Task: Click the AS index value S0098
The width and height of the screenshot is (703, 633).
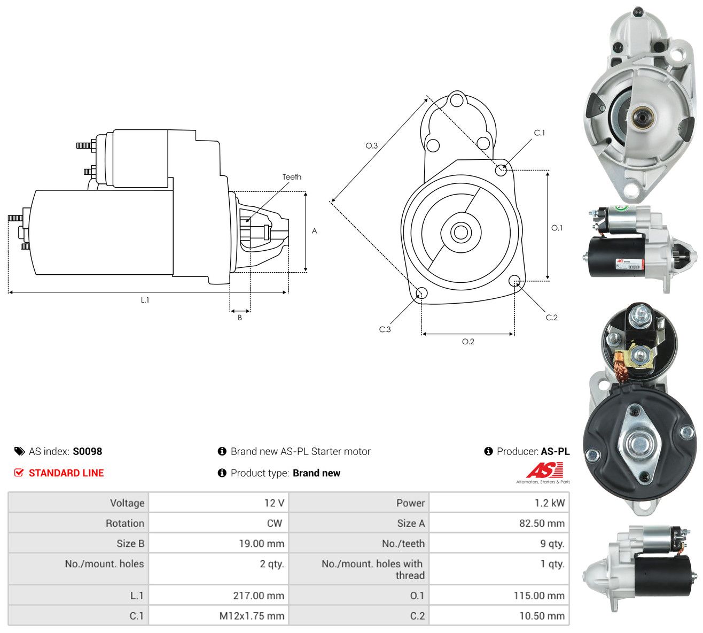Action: pyautogui.click(x=87, y=451)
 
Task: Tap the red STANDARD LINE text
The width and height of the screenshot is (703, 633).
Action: pyautogui.click(x=66, y=473)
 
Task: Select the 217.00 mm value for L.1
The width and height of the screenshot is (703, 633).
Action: pyautogui.click(x=259, y=596)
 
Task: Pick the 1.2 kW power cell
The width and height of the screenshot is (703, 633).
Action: pyautogui.click(x=550, y=503)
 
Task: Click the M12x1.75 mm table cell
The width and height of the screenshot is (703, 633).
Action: pyautogui.click(x=252, y=616)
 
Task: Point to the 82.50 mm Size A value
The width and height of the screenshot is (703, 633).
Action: pyautogui.click(x=542, y=523)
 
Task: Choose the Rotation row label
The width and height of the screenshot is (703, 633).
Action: pyautogui.click(x=125, y=523)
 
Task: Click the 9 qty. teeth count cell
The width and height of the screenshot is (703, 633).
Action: pyautogui.click(x=552, y=544)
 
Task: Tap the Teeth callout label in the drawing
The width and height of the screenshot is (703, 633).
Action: pyautogui.click(x=292, y=177)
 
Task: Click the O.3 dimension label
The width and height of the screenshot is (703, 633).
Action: pyautogui.click(x=371, y=145)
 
